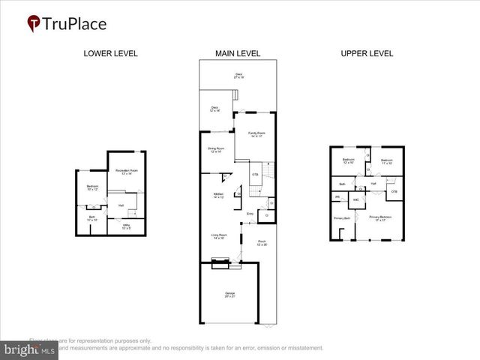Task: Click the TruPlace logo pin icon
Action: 34,23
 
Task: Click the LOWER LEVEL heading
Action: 111,53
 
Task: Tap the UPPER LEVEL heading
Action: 367,53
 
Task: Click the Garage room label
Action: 229,294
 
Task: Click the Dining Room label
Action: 217,150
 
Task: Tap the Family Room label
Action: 256,133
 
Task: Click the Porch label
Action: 262,243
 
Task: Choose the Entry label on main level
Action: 250,214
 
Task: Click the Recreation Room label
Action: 124,172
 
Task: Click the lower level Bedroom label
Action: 92,187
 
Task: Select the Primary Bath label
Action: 342,219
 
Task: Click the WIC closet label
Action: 356,200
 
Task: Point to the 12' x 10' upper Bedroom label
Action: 349,161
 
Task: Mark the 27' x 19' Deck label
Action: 239,76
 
